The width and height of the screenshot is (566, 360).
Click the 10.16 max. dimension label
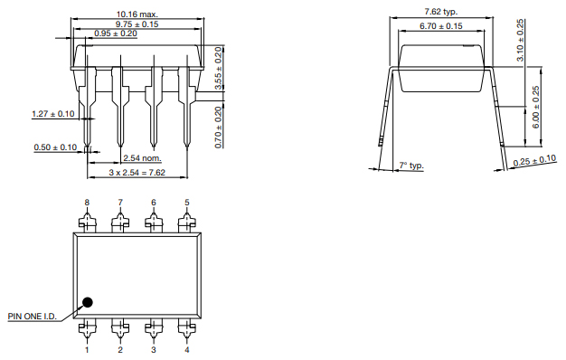click(x=137, y=14)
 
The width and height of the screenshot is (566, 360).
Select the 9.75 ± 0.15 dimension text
click(x=137, y=24)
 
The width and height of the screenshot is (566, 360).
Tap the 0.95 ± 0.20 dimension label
click(x=116, y=33)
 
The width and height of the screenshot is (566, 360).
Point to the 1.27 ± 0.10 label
click(x=53, y=114)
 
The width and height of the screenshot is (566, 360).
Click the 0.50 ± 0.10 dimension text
click(x=55, y=147)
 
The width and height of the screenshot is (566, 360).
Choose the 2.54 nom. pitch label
click(x=142, y=158)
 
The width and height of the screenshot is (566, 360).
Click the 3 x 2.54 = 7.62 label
click(x=137, y=173)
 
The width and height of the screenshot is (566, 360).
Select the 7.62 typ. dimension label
click(x=440, y=12)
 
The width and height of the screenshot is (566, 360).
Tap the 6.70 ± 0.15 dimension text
click(x=440, y=26)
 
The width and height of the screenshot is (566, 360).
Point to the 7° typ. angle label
click(x=411, y=166)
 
